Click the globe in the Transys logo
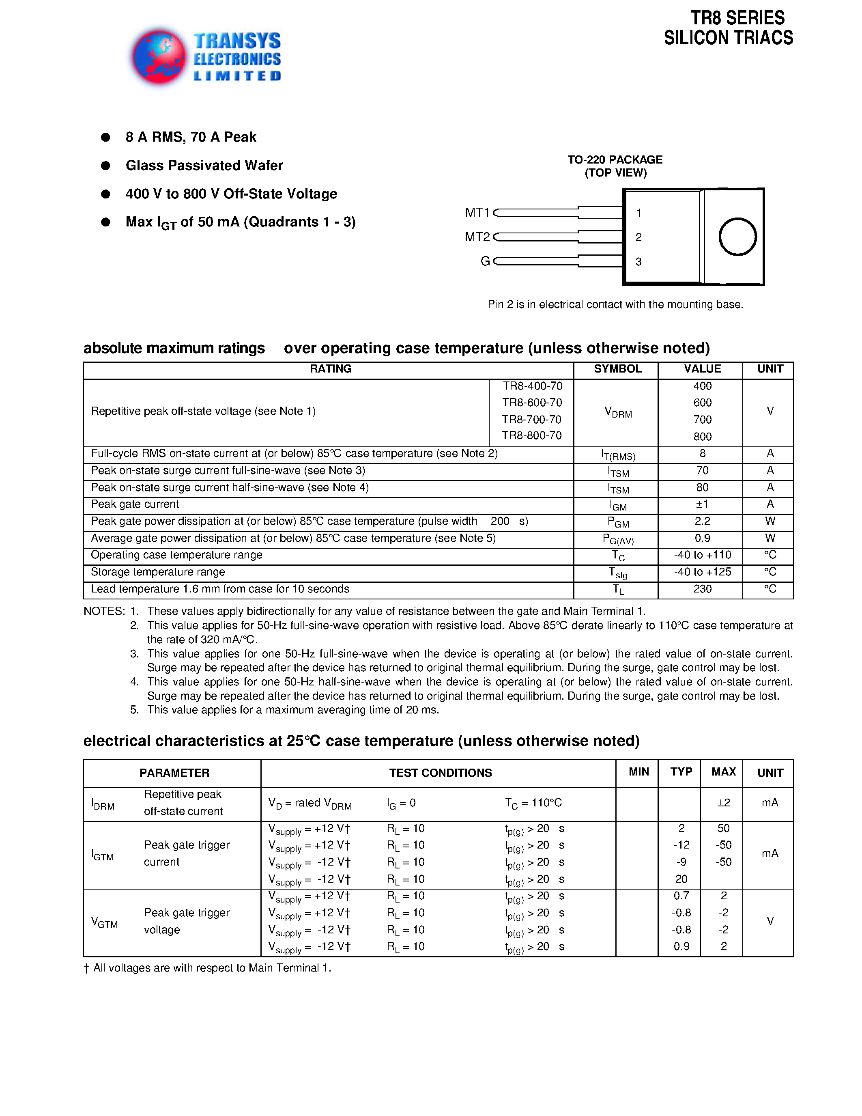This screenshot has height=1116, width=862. pyautogui.click(x=159, y=57)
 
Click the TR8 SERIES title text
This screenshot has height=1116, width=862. pyautogui.click(x=737, y=18)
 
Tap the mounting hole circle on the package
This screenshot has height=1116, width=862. pyautogui.click(x=737, y=237)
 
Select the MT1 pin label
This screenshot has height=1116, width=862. pyautogui.click(x=477, y=213)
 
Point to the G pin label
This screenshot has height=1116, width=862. pyautogui.click(x=485, y=261)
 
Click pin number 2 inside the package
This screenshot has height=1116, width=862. pyautogui.click(x=638, y=237)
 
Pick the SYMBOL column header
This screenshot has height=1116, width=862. pyautogui.click(x=617, y=369)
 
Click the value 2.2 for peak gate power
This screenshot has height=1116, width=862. pyautogui.click(x=702, y=521)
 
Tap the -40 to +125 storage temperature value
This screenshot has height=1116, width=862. pyautogui.click(x=702, y=572)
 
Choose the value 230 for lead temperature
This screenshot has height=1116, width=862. pyautogui.click(x=702, y=589)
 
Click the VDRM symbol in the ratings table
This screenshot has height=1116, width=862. pyautogui.click(x=617, y=412)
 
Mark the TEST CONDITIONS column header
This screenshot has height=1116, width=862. pyautogui.click(x=440, y=773)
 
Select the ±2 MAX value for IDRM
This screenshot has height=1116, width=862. pyautogui.click(x=723, y=803)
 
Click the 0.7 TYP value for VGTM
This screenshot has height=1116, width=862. pyautogui.click(x=681, y=896)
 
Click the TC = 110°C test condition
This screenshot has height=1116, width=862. pyautogui.click(x=533, y=803)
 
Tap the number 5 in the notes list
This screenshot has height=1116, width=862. pyautogui.click(x=134, y=710)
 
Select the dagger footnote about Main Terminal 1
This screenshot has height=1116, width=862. pyautogui.click(x=207, y=968)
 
